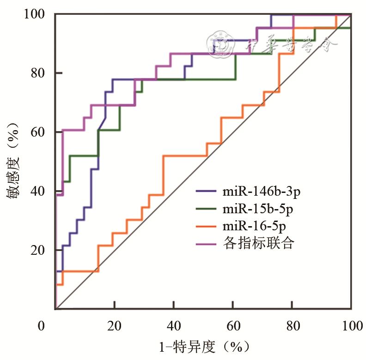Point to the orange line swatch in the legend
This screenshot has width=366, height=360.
(x=207, y=226)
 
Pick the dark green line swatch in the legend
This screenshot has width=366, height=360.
(x=207, y=209)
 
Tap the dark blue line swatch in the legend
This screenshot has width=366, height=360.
(x=207, y=192)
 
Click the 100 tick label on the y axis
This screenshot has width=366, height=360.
(x=35, y=14)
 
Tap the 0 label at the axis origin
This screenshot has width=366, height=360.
(x=42, y=326)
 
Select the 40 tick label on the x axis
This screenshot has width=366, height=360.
(x=173, y=326)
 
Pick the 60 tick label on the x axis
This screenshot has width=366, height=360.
(x=232, y=326)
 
